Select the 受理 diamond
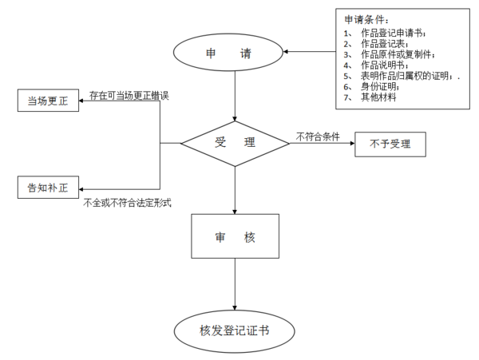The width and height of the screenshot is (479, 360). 235,144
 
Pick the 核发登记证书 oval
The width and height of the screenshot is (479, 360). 235,329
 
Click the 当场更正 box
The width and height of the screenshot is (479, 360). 48,101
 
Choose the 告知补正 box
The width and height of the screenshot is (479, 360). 48,188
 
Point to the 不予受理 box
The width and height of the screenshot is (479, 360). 390,144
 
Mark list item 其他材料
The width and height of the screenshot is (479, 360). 379,97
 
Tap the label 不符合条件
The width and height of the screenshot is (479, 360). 318,136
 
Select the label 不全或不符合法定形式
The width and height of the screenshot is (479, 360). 129,204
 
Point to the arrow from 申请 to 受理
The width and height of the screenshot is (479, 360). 235,96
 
